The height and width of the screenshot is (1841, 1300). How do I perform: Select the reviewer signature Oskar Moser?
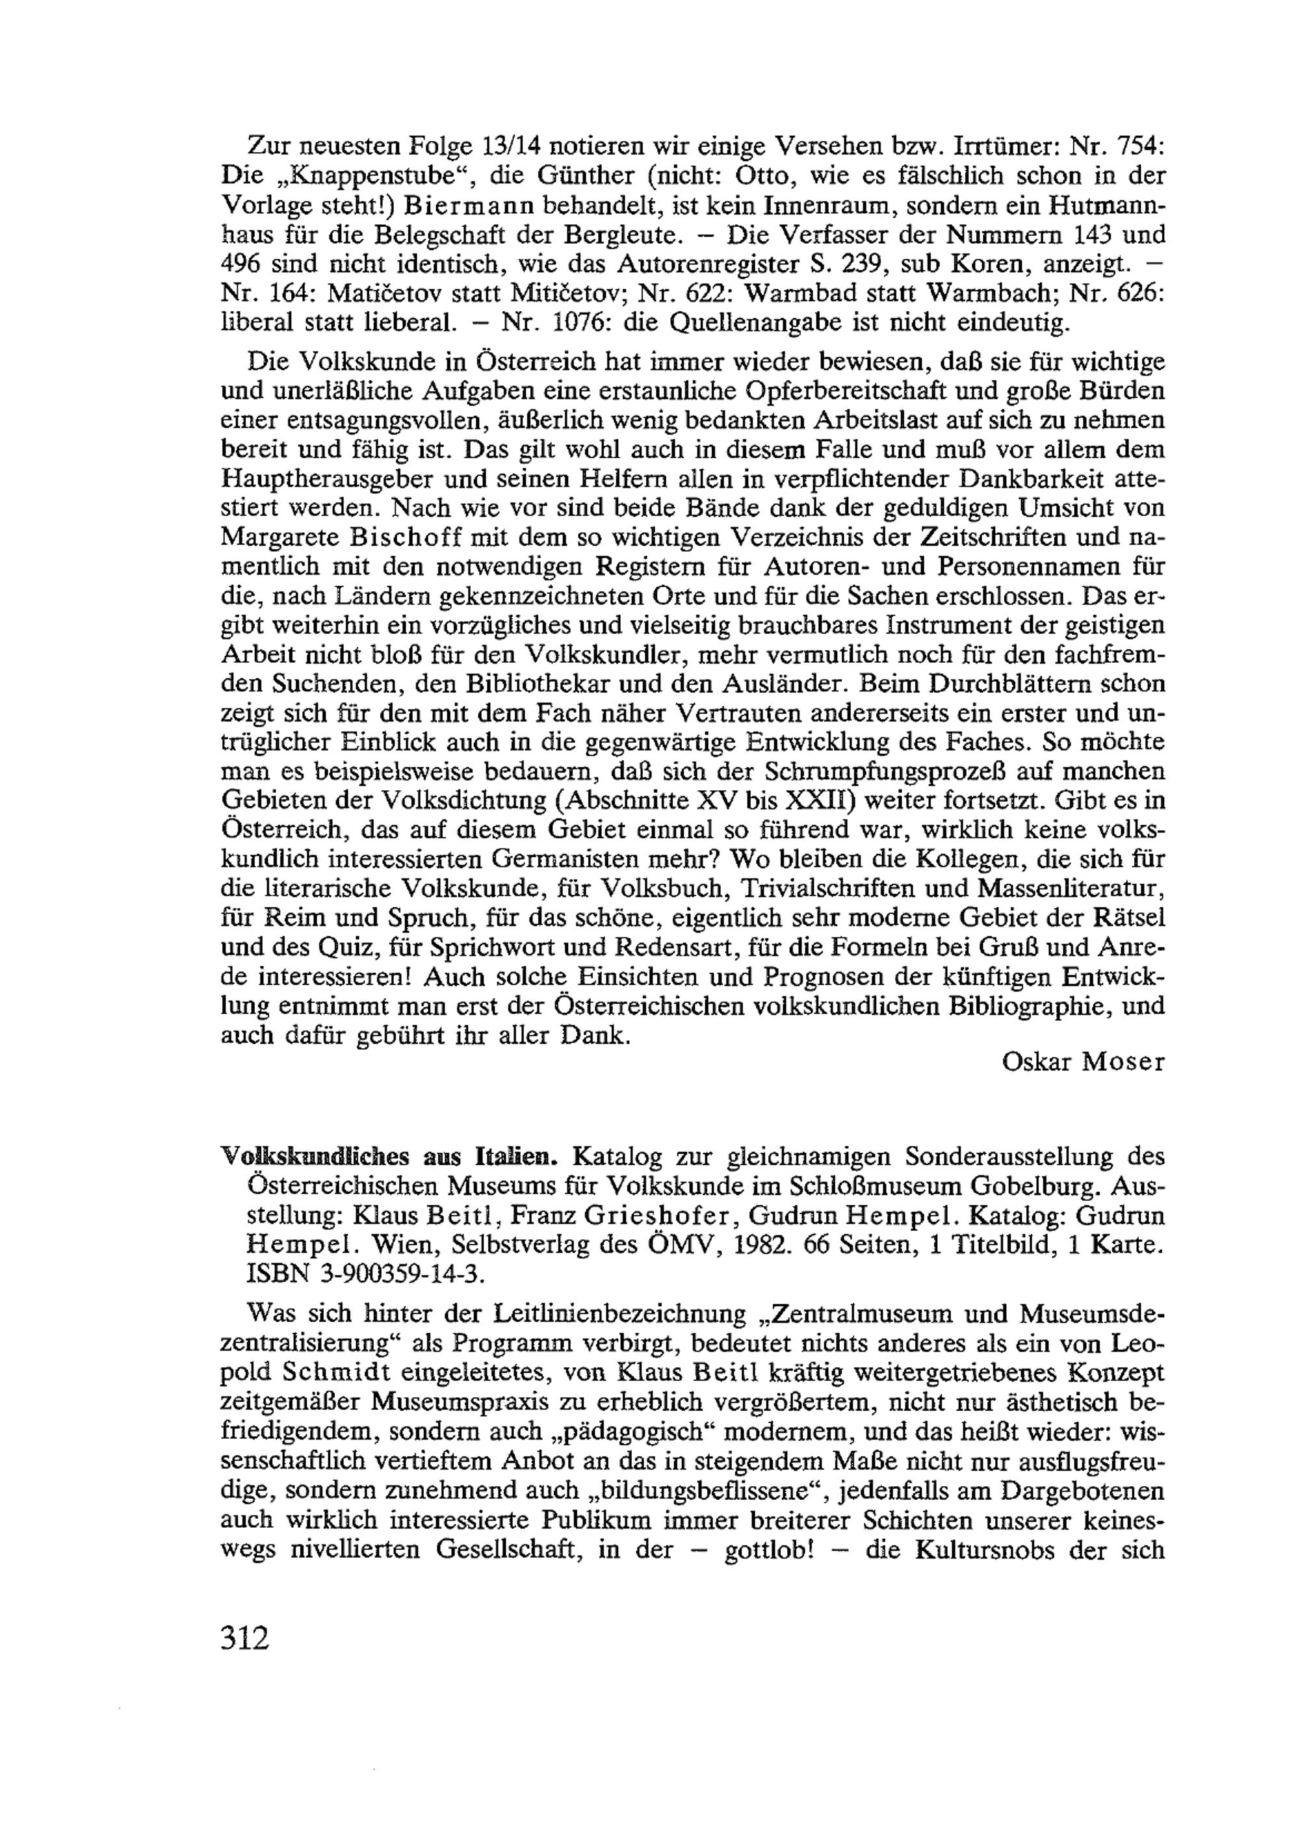click(1083, 1062)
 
